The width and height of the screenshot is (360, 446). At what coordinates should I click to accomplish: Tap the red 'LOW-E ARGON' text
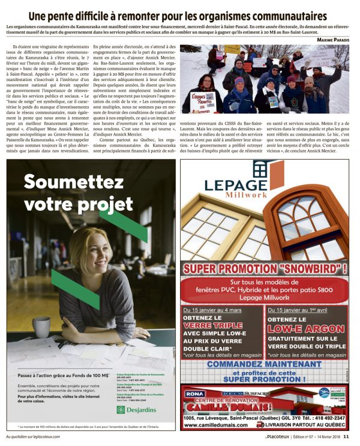click(306, 329)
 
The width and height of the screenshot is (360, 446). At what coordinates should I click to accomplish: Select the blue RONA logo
click(194, 393)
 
